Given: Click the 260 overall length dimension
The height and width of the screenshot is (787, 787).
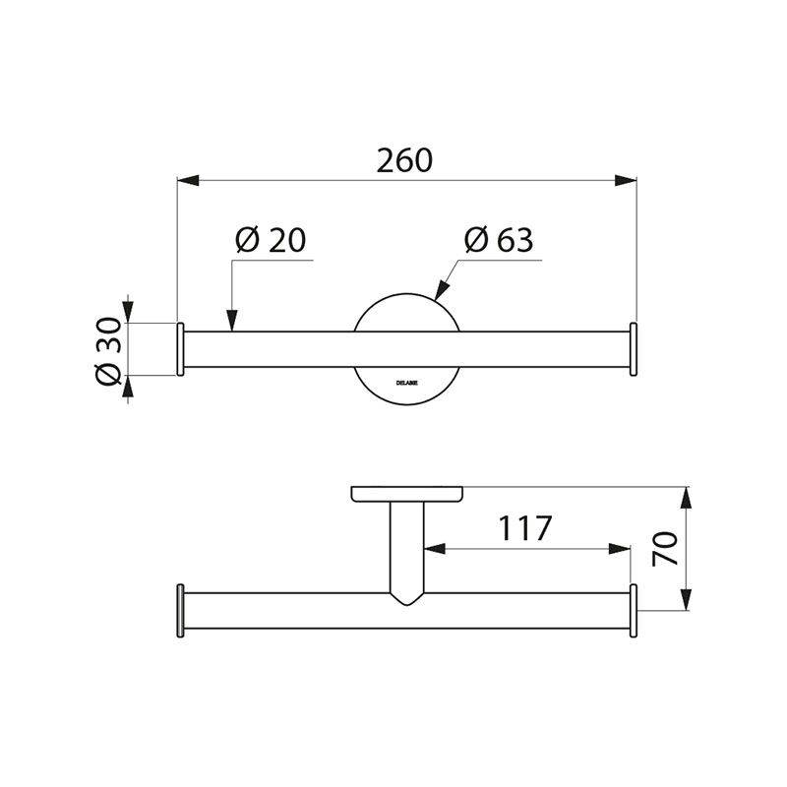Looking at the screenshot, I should [x=404, y=160].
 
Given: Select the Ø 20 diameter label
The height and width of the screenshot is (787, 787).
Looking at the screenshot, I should [x=272, y=240].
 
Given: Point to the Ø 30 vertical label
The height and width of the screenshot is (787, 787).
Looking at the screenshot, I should [x=109, y=350].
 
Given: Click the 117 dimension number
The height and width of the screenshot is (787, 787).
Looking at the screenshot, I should [x=523, y=528].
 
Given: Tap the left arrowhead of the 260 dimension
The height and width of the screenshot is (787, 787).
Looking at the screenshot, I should [x=188, y=180].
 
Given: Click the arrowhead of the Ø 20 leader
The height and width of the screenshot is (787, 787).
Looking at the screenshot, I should [x=232, y=320].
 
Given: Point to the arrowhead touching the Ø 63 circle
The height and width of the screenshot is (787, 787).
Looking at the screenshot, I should [x=440, y=290].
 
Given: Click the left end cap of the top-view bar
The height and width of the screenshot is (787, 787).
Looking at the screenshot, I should [x=180, y=349].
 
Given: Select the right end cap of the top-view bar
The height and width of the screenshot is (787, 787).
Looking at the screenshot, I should [x=635, y=349].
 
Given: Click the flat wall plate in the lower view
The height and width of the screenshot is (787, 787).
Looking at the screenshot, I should [x=407, y=493].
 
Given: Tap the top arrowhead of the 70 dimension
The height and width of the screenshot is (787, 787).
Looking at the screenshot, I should [x=687, y=499].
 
